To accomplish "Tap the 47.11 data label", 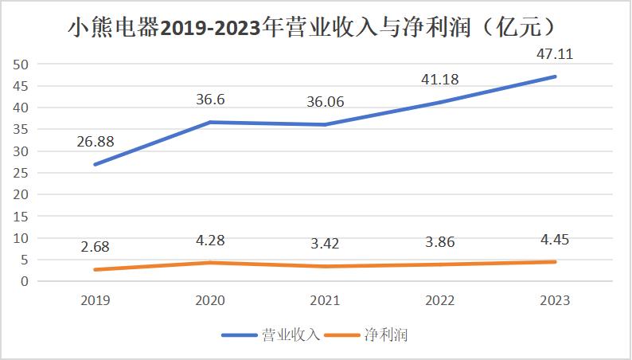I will point(555,55).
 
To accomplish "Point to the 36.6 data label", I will point(210,100).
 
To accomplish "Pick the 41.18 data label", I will point(440,80).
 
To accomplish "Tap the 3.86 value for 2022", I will point(441,241).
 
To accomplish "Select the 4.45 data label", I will point(555,238).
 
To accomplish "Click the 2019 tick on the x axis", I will point(96,300).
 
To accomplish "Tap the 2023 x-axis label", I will point(554,300).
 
